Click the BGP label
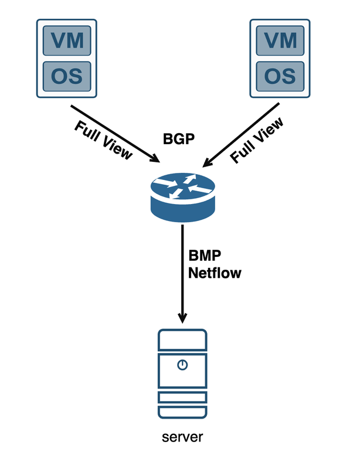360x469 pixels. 178,139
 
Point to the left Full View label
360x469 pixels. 104,140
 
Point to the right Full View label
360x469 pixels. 257,140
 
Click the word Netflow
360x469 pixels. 215,272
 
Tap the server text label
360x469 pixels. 183,437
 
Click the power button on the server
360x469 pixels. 183,365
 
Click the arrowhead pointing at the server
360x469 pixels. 183,317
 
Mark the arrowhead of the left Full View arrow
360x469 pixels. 156,158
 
